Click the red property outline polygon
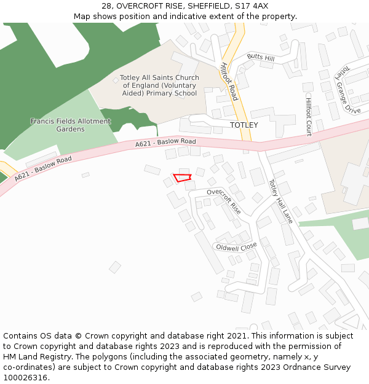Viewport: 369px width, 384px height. (x=182, y=178)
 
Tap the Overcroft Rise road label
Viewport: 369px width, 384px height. (x=224, y=200)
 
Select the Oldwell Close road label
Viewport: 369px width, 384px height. (x=236, y=247)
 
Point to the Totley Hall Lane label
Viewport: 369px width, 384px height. (x=281, y=201)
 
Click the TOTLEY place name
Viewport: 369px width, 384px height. (x=244, y=125)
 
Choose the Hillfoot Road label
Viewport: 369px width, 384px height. (x=228, y=81)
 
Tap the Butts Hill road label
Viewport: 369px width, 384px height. (x=261, y=57)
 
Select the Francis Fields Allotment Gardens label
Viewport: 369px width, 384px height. (x=70, y=125)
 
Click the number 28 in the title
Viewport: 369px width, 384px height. (x=106, y=6)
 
